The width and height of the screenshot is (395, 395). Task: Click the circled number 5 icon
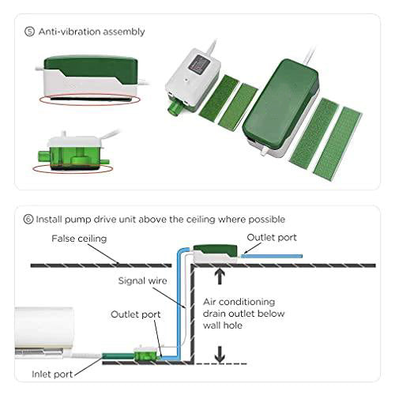pyautogui.click(x=29, y=32)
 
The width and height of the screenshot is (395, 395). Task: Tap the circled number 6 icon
pyautogui.click(x=28, y=219)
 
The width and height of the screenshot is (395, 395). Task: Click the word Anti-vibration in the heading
pyautogui.click(x=70, y=32)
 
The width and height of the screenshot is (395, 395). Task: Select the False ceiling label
pyautogui.click(x=79, y=239)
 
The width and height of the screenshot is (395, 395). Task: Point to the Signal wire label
pyautogui.click(x=142, y=280)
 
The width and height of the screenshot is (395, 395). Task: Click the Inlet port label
pyautogui.click(x=52, y=374)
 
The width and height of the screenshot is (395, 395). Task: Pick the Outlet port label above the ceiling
pyautogui.click(x=272, y=238)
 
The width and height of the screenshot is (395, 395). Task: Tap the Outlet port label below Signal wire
pyautogui.click(x=136, y=314)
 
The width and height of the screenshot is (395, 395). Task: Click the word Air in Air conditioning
pyautogui.click(x=209, y=302)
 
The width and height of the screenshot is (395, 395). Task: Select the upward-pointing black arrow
pyautogui.click(x=220, y=276)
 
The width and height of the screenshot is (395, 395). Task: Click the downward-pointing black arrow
pyautogui.click(x=220, y=354)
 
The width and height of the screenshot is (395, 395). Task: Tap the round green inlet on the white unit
pyautogui.click(x=175, y=108)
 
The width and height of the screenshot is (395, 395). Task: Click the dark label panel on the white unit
pyautogui.click(x=199, y=63)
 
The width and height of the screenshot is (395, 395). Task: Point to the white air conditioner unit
pyautogui.click(x=44, y=333)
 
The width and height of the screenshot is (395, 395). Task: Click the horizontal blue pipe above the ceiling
pyautogui.click(x=272, y=256)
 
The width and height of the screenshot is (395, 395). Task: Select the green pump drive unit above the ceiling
pyautogui.click(x=216, y=253)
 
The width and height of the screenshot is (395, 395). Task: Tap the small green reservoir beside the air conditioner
pyautogui.click(x=147, y=355)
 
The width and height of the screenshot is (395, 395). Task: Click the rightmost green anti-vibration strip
pyautogui.click(x=337, y=141)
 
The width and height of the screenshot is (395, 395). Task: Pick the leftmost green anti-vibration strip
pyautogui.click(x=218, y=96)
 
